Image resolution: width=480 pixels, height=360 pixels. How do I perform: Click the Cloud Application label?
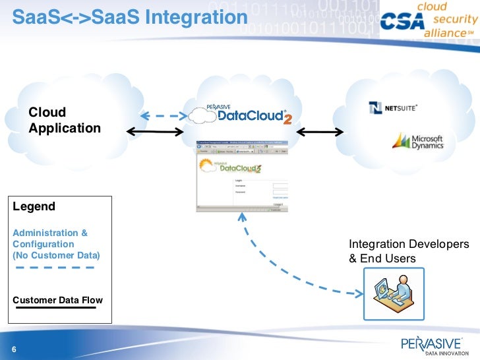(64, 120)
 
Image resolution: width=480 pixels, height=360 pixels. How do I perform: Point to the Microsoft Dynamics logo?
(418, 142)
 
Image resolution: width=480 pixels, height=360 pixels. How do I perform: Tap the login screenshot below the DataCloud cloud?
(241, 175)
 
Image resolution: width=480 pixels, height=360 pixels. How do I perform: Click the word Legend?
(34, 206)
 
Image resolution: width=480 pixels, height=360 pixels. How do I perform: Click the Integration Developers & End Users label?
(409, 251)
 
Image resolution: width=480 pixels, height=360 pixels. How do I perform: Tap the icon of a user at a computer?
(395, 293)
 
